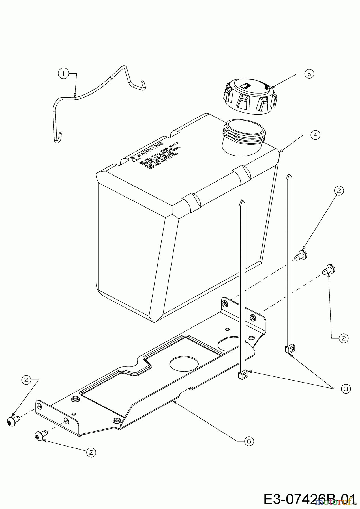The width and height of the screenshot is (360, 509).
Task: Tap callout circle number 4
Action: coord(315,135)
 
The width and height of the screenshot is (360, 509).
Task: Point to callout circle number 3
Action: coord(346,389)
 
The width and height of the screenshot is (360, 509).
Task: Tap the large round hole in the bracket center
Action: coord(181,364)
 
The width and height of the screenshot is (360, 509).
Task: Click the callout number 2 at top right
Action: coord(339,191)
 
